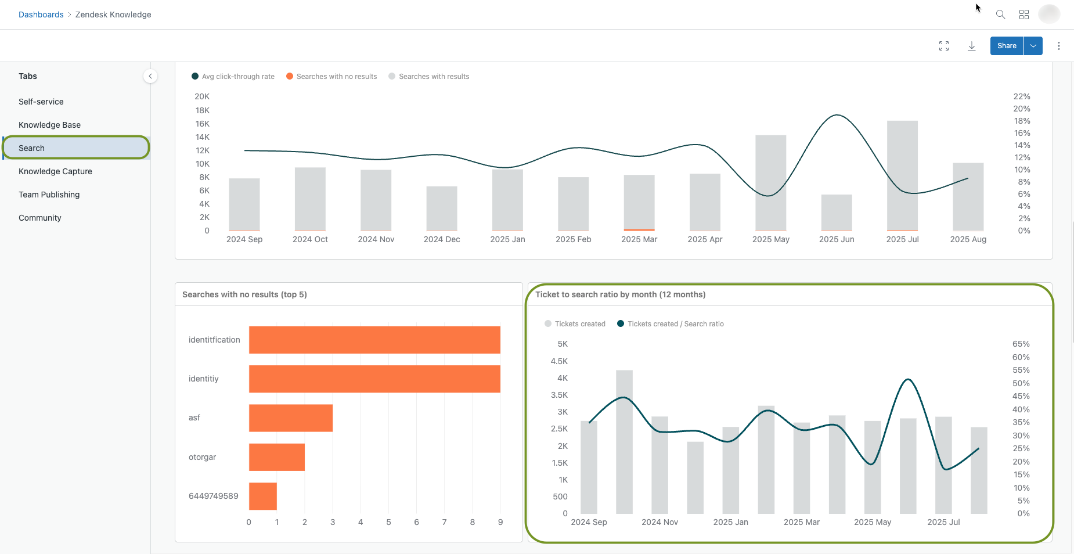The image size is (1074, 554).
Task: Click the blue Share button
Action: pos(1007,46)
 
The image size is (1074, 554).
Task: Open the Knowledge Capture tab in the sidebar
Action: pos(55,171)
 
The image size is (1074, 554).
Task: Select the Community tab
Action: pos(39,218)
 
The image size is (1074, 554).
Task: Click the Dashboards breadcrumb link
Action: pos(41,15)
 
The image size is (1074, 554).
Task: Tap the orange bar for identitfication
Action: pos(374,340)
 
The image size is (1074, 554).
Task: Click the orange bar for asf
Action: pos(290,418)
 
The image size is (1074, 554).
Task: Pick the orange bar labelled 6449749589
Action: pos(262,496)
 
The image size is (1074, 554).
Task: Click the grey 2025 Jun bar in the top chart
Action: pos(837,213)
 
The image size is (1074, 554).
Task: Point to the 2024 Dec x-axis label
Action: pos(442,239)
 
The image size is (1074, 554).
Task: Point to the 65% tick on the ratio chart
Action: pos(1021,344)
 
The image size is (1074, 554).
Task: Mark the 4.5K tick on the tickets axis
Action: pos(559,361)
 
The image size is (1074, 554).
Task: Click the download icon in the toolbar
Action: pos(971,46)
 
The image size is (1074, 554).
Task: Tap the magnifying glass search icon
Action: pos(1000,15)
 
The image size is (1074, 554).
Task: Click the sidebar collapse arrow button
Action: pos(150,76)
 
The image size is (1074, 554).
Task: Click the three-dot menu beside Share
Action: pos(1059,46)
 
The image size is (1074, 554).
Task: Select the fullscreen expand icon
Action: pos(944,46)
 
